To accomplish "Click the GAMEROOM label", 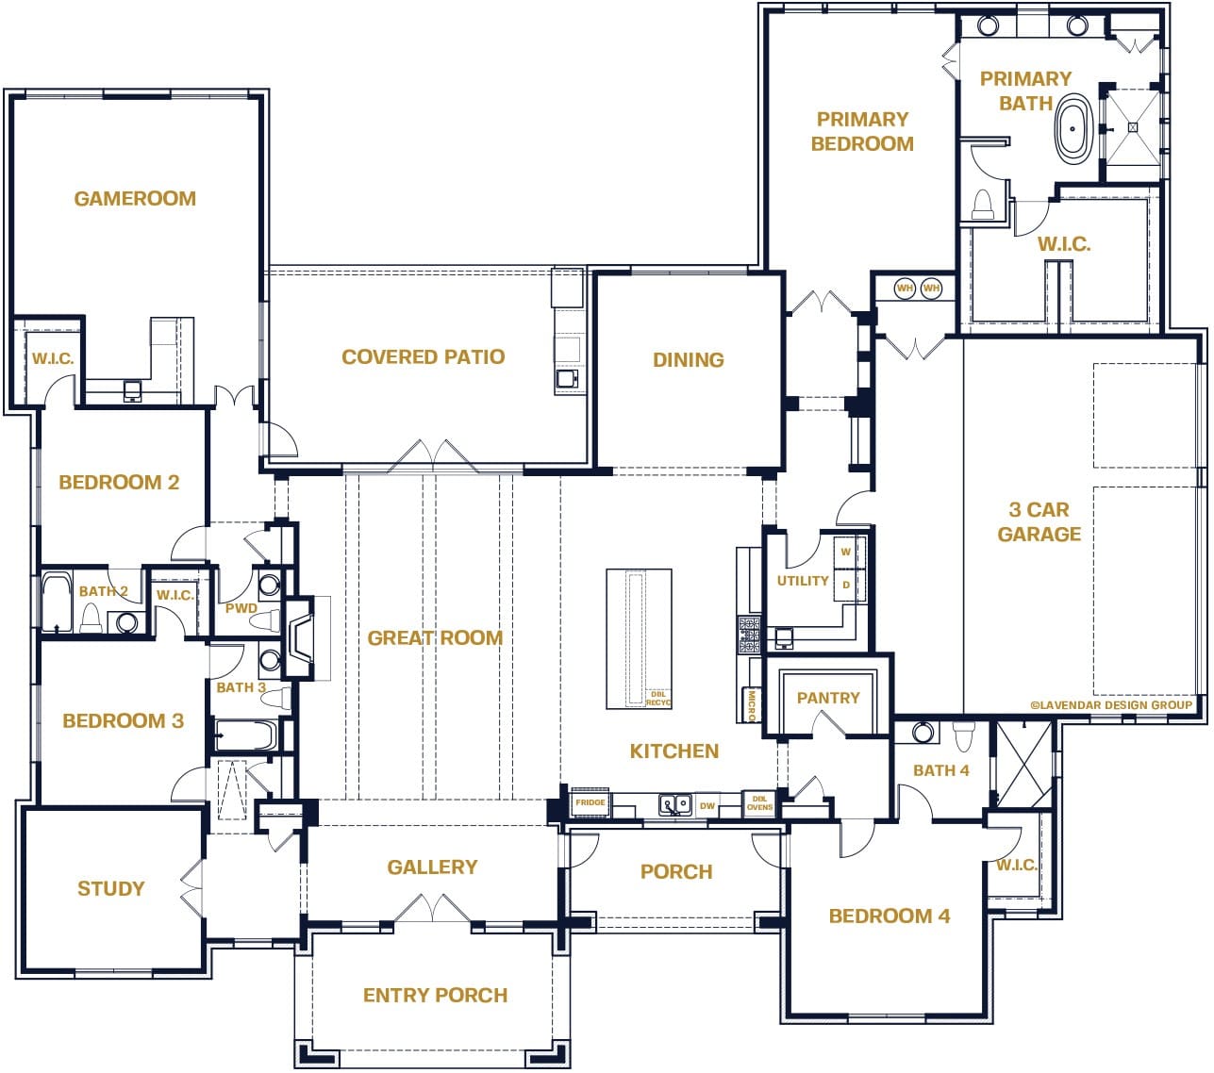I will pyautogui.click(x=135, y=199).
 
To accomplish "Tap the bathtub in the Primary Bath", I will pyautogui.click(x=1073, y=131).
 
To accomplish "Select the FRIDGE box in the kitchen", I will pyautogui.click(x=590, y=803).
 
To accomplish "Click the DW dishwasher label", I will pyautogui.click(x=707, y=806).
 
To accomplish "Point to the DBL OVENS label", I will pyautogui.click(x=759, y=803).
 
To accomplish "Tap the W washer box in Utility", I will pyautogui.click(x=846, y=552).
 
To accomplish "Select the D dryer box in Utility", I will pyautogui.click(x=846, y=585).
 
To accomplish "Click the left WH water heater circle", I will pyautogui.click(x=905, y=288).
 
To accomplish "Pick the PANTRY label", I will pyautogui.click(x=828, y=699).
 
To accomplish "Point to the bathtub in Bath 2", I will pyautogui.click(x=58, y=603).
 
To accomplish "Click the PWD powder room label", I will pyautogui.click(x=241, y=608).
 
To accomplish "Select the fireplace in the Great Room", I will pyautogui.click(x=300, y=638).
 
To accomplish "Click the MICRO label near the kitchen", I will pyautogui.click(x=752, y=705).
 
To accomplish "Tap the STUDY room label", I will pyautogui.click(x=111, y=889).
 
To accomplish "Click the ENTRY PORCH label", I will pyautogui.click(x=435, y=996).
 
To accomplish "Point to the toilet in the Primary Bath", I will pyautogui.click(x=983, y=206).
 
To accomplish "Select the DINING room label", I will pyautogui.click(x=689, y=360).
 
